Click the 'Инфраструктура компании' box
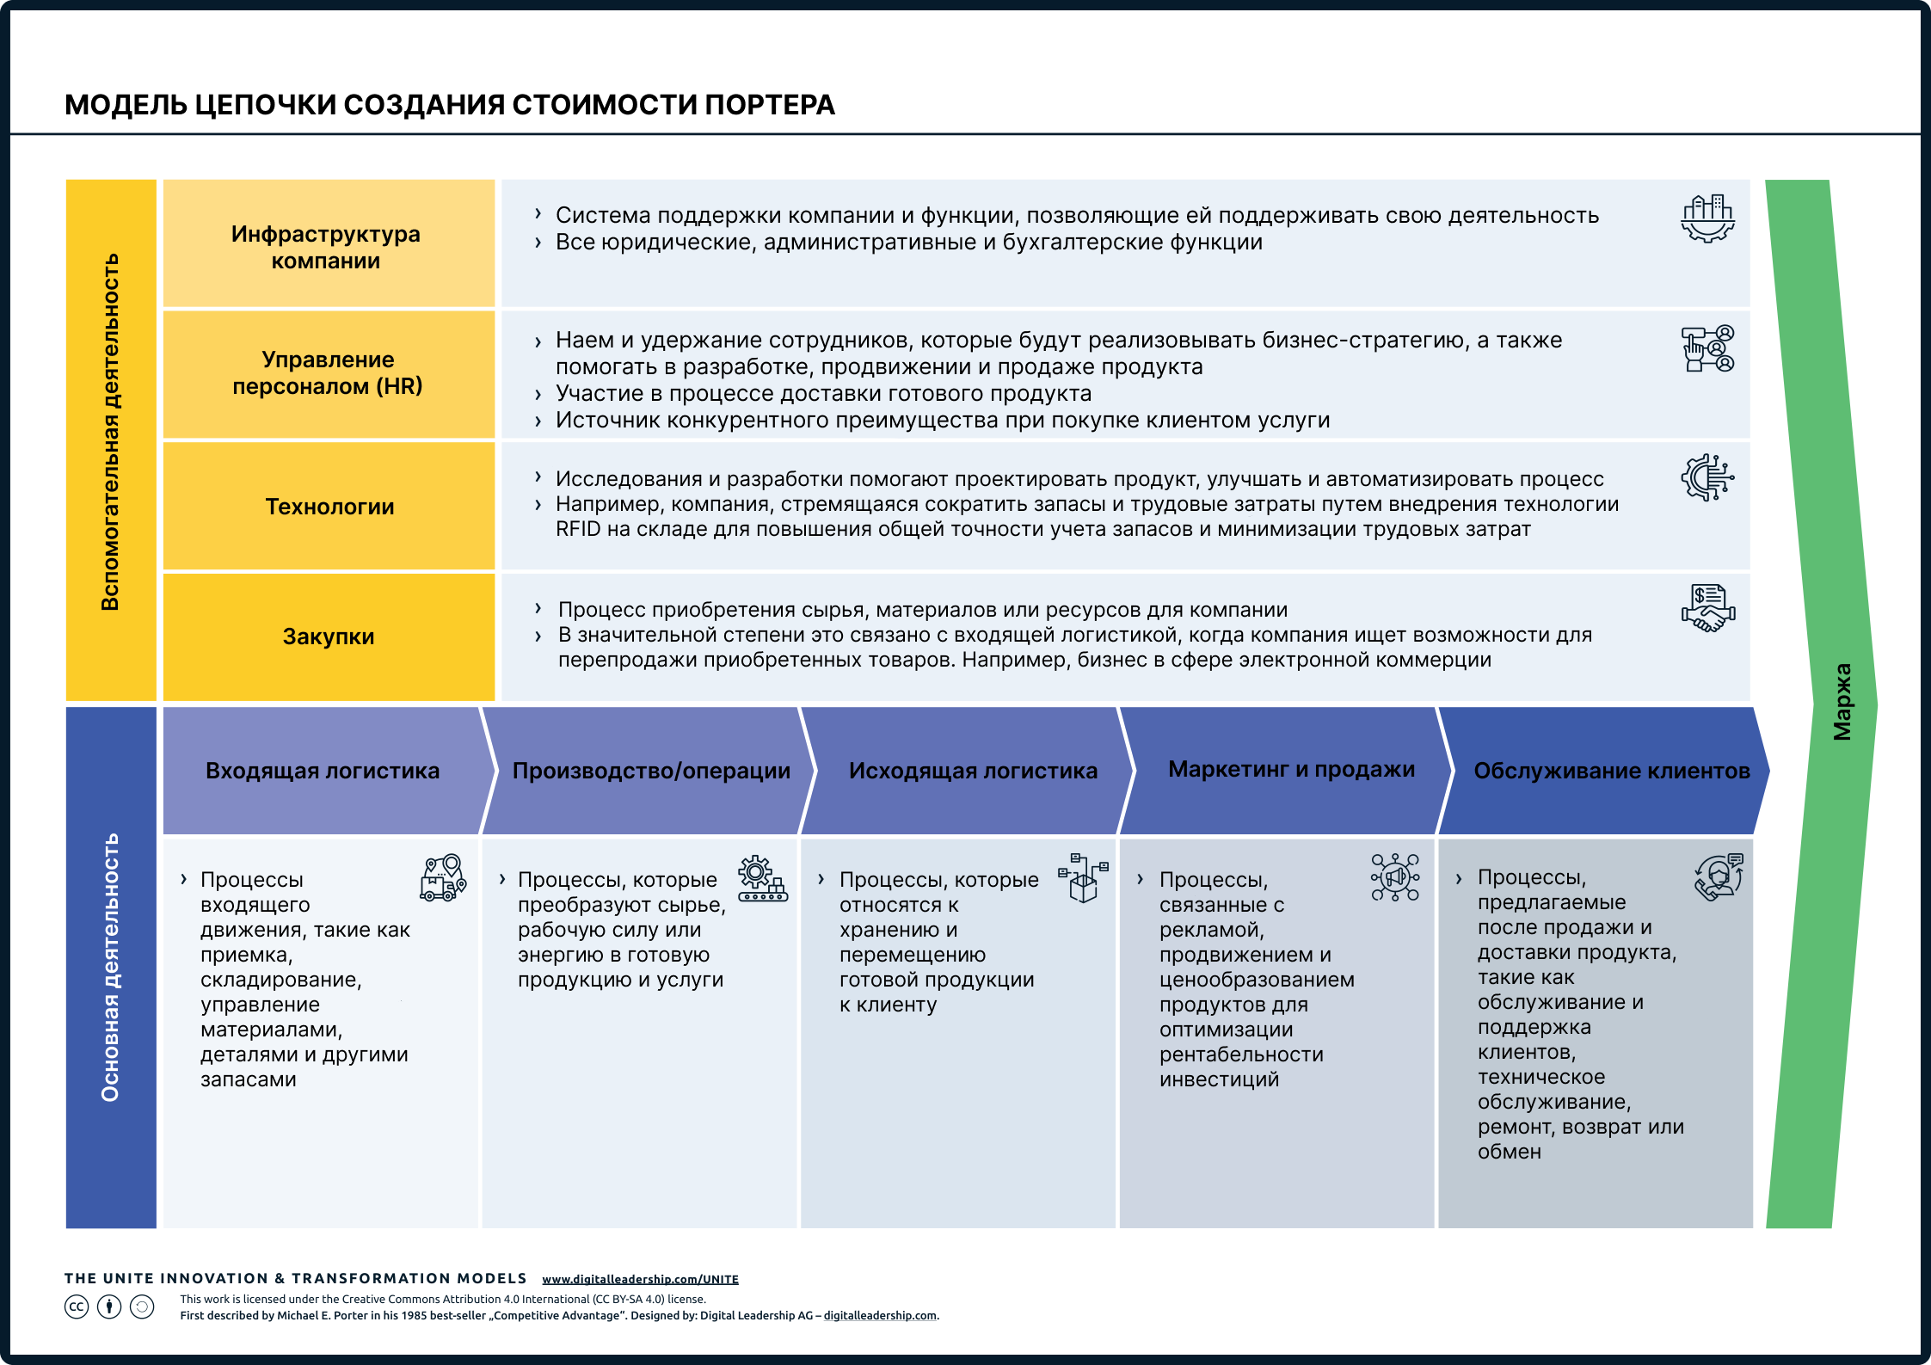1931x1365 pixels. [329, 243]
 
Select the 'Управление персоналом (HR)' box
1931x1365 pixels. [329, 374]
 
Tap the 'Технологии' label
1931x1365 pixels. [329, 507]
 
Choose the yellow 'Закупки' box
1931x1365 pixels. [329, 637]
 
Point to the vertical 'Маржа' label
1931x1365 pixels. [1842, 702]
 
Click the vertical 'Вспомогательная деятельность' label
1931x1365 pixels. [110, 432]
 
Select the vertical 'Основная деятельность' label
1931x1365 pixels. [110, 968]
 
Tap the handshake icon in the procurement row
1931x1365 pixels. [1708, 608]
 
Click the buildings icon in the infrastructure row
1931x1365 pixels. [1708, 218]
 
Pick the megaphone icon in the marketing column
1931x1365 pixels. [1395, 877]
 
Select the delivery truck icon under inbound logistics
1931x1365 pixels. [443, 877]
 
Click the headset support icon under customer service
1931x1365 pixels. [1719, 877]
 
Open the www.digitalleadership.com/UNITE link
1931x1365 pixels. [640, 1279]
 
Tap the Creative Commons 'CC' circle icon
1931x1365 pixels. [77, 1307]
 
